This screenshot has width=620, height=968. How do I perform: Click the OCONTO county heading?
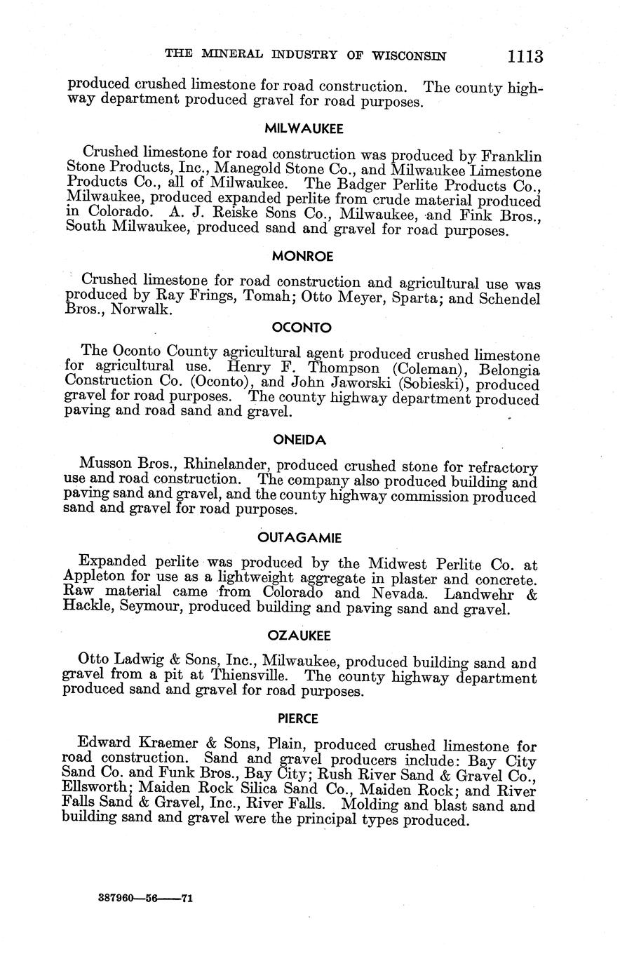(x=302, y=328)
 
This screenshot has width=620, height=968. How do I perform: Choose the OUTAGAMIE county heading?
(x=299, y=538)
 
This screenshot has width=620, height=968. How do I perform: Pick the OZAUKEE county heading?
(x=299, y=636)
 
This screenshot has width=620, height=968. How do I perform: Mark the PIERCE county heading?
(x=298, y=718)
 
